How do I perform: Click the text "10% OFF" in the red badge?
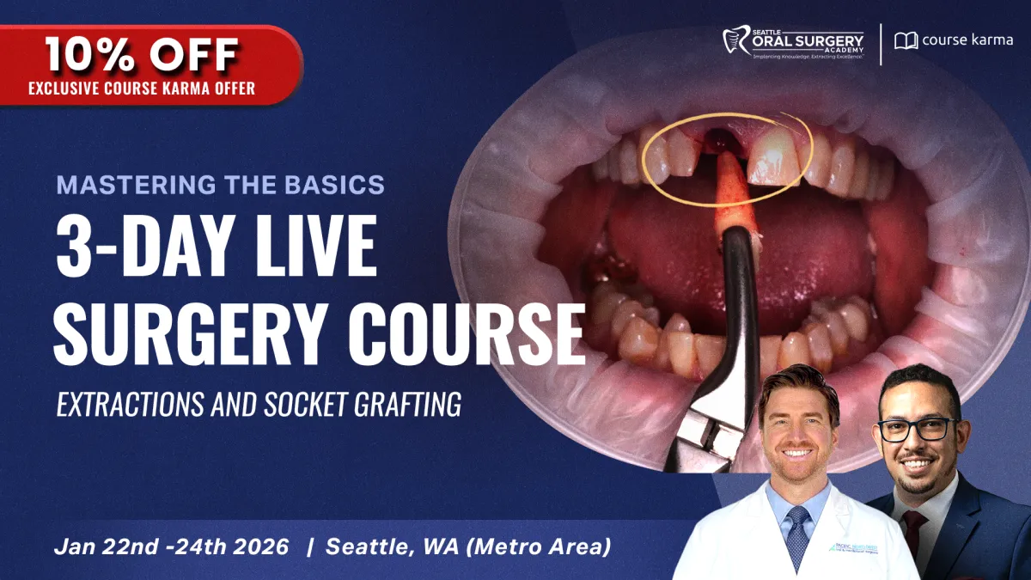[142, 55]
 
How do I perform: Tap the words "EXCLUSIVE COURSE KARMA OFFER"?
[142, 88]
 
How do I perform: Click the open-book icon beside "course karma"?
[906, 40]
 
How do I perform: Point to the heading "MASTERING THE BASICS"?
[221, 184]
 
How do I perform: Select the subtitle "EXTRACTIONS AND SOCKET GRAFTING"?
[259, 403]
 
